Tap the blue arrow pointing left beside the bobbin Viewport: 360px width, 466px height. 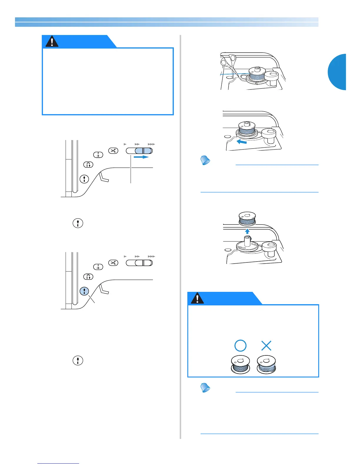[x=241, y=142]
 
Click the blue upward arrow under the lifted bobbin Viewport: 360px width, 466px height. [x=247, y=231]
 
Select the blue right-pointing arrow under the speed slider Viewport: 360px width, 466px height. [x=141, y=157]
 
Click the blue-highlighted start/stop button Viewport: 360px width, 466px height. [x=84, y=291]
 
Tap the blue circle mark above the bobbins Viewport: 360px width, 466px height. [x=240, y=345]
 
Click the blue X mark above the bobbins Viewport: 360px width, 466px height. [x=266, y=345]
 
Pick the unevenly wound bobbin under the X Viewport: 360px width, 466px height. [x=266, y=365]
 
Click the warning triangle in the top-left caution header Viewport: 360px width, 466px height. [x=52, y=42]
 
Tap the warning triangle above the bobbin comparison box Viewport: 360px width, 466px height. [x=197, y=298]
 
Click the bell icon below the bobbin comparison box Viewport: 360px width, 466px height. [x=205, y=388]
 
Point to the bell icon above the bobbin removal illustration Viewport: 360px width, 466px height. [x=205, y=160]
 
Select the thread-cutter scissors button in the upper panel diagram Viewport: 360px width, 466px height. [x=113, y=151]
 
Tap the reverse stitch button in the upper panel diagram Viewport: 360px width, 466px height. [x=88, y=164]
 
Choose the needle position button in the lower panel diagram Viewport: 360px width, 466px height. [x=98, y=267]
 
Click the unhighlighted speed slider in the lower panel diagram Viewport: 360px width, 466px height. [x=139, y=263]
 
